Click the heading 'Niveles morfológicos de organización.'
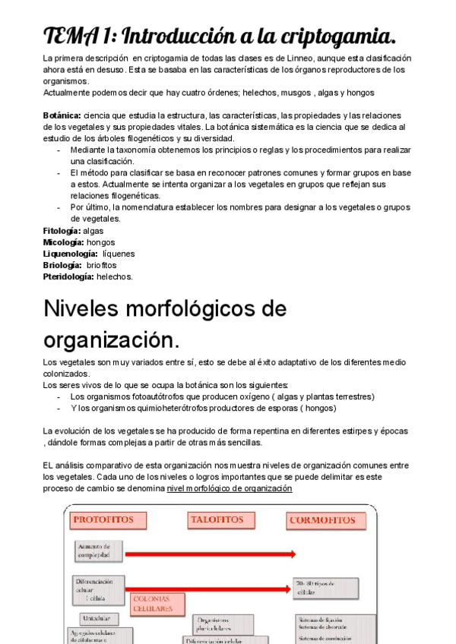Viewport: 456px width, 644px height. click(165, 323)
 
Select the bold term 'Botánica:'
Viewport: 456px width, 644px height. click(62, 115)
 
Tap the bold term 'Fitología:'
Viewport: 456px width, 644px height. click(62, 230)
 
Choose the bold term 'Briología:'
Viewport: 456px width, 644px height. click(62, 265)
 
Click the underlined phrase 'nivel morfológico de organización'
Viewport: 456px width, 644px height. click(230, 488)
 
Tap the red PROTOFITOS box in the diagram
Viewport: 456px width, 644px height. click(103, 520)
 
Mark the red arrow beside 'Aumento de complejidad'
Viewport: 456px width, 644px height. click(205, 552)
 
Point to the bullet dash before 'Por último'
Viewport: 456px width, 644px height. click(60, 207)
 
